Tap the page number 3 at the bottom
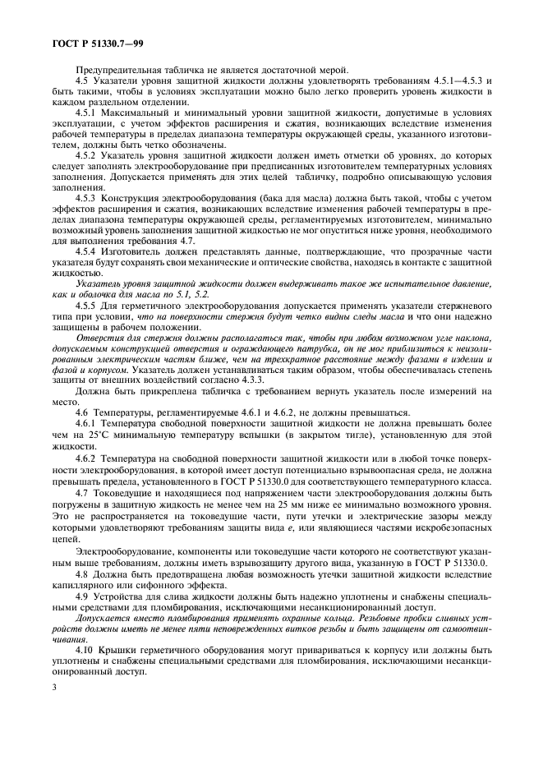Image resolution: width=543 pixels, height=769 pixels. [x=53, y=731]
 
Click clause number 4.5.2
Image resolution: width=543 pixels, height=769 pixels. [x=86, y=154]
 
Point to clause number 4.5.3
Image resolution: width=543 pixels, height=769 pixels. [x=86, y=197]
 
